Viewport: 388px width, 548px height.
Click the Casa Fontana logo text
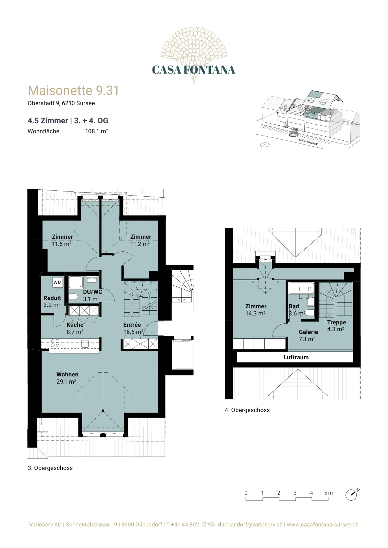pos(193,70)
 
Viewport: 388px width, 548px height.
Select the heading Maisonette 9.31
pos(73,90)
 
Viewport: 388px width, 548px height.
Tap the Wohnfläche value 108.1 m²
pos(96,131)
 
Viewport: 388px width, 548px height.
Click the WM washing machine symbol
pos(58,282)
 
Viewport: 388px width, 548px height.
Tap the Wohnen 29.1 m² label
pos(67,378)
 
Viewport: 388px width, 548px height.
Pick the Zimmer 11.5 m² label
pos(62,240)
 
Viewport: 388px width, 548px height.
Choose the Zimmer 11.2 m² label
pos(140,240)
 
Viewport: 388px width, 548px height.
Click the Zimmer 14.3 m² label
pos(256,310)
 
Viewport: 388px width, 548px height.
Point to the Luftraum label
pos(296,358)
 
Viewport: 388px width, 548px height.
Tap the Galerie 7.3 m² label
pos(308,335)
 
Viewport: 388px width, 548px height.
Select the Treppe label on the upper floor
pos(336,322)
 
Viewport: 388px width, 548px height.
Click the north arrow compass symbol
pos(352,494)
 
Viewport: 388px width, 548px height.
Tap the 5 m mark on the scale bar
pos(328,493)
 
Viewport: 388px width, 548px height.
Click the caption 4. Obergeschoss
pos(247,410)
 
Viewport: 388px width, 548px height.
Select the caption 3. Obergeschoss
pos(50,468)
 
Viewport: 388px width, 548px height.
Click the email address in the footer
pos(250,524)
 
